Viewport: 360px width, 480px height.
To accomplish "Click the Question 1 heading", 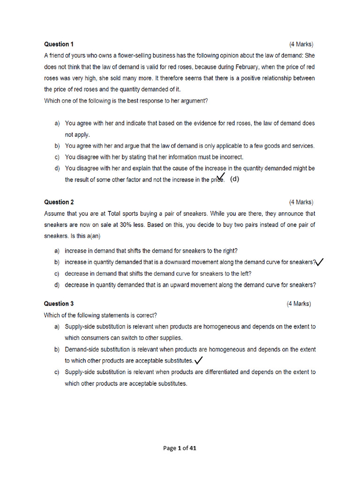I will point(59,45).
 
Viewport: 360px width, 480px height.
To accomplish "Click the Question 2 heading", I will point(59,202).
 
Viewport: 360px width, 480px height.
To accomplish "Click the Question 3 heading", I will point(59,304).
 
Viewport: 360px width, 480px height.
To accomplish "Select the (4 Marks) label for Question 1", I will point(301,45).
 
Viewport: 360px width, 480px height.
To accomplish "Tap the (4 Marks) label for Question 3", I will point(299,304).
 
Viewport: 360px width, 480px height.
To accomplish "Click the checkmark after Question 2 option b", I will point(320,262).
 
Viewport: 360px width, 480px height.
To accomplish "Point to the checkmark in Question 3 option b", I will point(198,360).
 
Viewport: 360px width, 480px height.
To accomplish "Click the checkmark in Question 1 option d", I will point(221,177).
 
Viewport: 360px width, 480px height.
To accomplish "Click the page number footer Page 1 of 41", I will point(180,448).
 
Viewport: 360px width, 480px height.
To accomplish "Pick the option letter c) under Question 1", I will point(57,157).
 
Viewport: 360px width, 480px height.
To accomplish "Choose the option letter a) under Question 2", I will point(57,251).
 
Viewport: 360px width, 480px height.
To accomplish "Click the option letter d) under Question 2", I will point(57,285).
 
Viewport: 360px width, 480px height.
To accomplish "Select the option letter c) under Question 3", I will point(57,372).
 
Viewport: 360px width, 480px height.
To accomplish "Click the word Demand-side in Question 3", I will point(82,349).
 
